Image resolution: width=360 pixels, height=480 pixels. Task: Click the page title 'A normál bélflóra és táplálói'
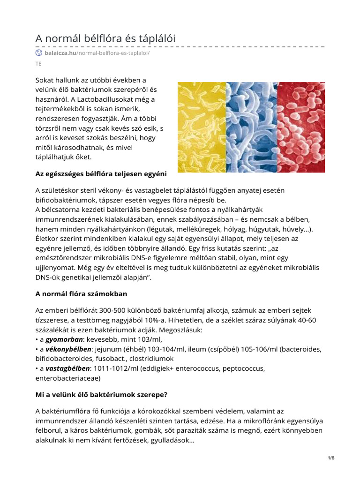pyautogui.click(x=105, y=38)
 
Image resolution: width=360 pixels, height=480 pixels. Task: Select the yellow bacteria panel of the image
pyautogui.click(x=202, y=127)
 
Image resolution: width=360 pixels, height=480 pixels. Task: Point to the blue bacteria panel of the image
pyautogui.click(x=252, y=127)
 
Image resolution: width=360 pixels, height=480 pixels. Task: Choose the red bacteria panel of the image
pyautogui.click(x=301, y=127)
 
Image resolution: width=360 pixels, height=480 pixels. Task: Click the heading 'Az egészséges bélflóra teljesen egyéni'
pyautogui.click(x=101, y=174)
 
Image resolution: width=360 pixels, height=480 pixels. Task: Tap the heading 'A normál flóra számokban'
pyautogui.click(x=82, y=294)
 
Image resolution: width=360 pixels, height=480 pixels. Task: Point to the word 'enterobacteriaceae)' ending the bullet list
pyautogui.click(x=68, y=377)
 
